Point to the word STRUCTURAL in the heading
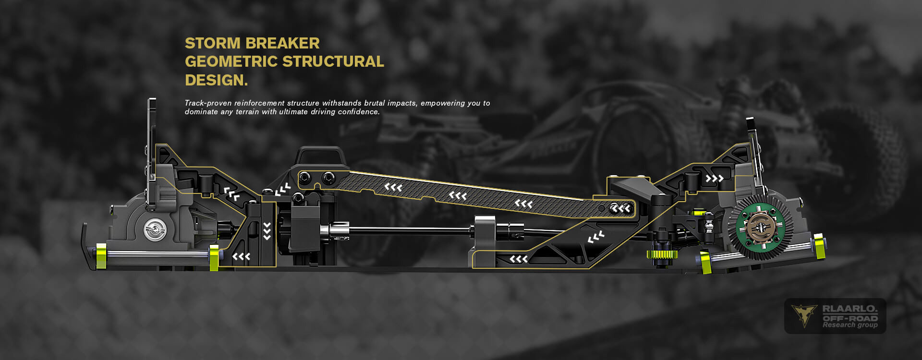(333, 61)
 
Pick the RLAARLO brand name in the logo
(849, 309)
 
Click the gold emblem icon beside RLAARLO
(804, 315)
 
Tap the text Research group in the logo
(850, 325)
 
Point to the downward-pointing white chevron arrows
(267, 231)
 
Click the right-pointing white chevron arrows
(714, 179)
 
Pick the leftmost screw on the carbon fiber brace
(305, 179)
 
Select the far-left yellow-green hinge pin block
(101, 256)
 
